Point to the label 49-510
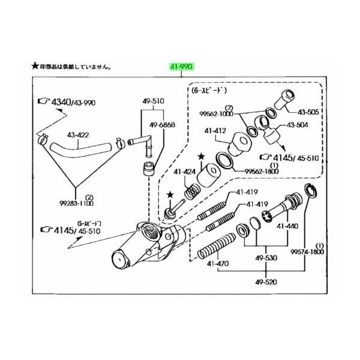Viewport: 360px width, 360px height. [153, 101]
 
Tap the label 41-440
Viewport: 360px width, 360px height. [286, 227]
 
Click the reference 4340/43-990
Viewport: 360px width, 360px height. [66, 102]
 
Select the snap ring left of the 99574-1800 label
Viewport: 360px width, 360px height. [311, 191]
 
